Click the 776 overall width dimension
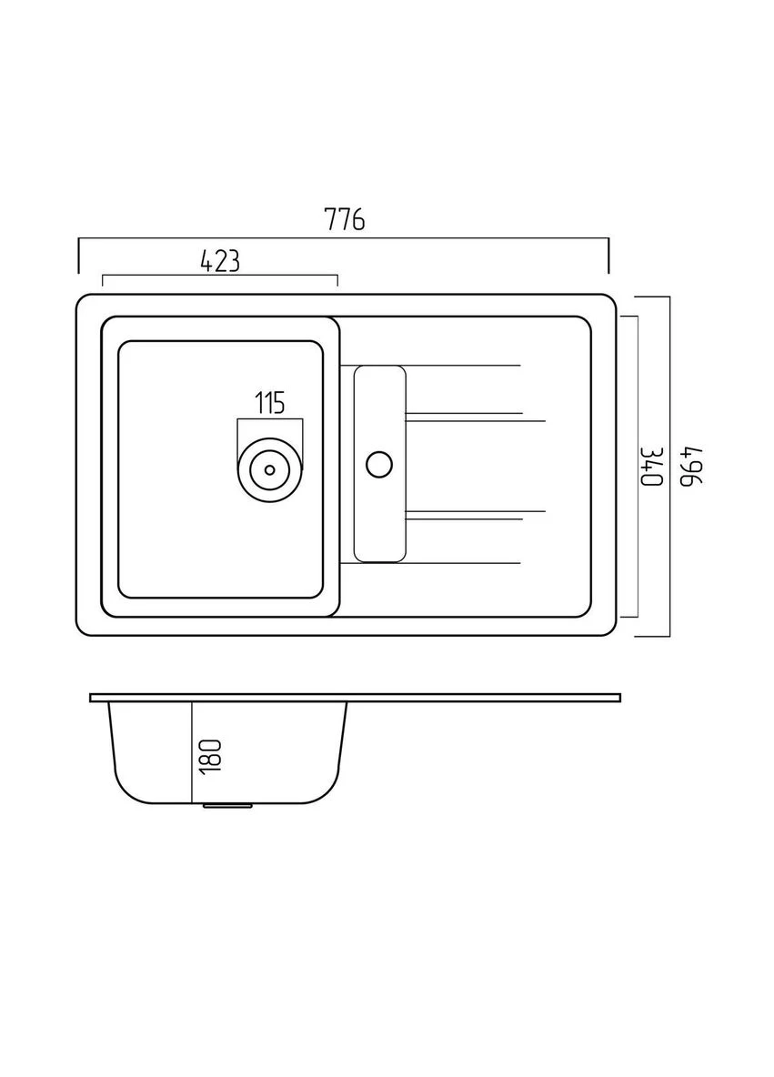[344, 220]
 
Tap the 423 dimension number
[220, 261]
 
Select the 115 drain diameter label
[270, 402]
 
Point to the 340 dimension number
[652, 466]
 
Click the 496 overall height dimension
[691, 466]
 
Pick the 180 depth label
[211, 757]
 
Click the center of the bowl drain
[269, 470]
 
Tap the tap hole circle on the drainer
[379, 464]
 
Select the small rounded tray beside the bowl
[380, 464]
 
